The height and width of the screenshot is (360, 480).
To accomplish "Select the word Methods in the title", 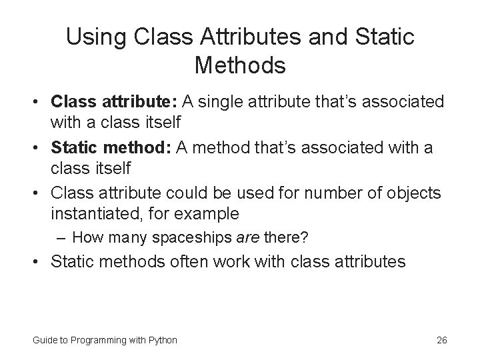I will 240,66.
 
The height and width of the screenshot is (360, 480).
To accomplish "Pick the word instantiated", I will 97,214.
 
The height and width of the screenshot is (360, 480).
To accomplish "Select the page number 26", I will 441,340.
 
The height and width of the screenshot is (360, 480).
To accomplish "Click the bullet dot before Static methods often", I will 39,262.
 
